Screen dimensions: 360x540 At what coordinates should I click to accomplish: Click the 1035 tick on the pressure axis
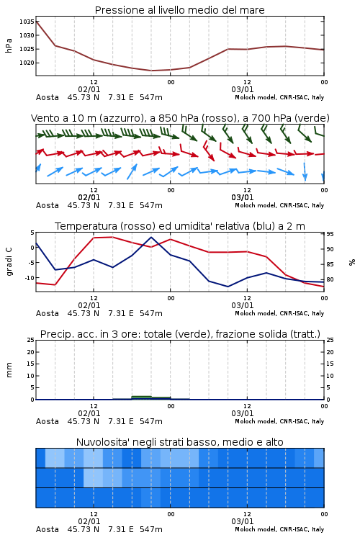coord(27,22)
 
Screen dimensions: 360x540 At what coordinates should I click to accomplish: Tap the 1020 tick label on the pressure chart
coord(27,63)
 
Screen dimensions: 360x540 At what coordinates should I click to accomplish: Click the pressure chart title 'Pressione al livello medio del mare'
coord(180,10)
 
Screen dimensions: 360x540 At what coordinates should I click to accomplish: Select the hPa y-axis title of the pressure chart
coord(9,45)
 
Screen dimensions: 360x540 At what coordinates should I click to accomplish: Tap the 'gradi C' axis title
coord(9,262)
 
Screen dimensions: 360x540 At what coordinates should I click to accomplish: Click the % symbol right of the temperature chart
coord(352,263)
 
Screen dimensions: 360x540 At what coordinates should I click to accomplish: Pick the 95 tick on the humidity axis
coord(330,234)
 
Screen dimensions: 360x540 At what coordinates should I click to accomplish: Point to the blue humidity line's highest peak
coord(151,237)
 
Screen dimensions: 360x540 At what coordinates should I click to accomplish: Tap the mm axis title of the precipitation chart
coord(9,370)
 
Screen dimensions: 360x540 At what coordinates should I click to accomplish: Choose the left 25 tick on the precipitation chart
coord(31,341)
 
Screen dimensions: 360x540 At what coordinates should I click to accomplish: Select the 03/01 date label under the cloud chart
coord(243,521)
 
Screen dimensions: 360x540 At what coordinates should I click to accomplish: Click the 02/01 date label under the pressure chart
coord(89,89)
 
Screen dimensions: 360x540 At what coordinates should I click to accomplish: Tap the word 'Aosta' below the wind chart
coord(48,206)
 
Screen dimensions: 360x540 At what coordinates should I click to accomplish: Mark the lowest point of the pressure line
coord(151,71)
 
